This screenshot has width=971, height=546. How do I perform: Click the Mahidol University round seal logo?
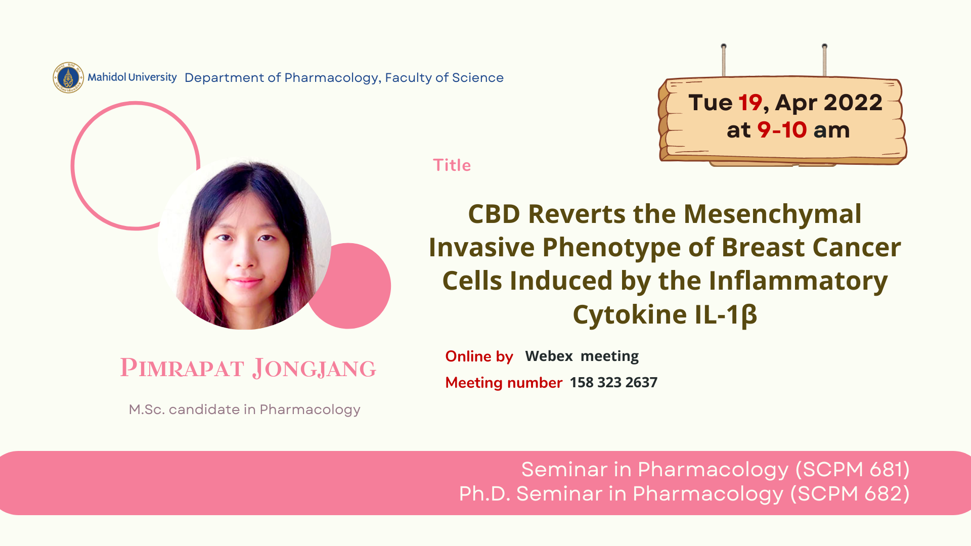click(68, 77)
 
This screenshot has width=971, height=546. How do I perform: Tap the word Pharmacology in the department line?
click(331, 78)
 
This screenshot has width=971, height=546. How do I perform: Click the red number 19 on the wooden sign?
click(750, 103)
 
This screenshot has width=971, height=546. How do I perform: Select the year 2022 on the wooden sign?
click(853, 103)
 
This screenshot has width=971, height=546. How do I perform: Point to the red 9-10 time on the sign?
click(782, 130)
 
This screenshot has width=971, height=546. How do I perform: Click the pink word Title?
click(452, 165)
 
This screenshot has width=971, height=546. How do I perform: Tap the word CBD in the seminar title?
click(494, 214)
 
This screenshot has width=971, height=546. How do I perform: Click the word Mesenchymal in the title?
click(772, 214)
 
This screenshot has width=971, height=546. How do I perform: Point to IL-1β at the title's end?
click(726, 315)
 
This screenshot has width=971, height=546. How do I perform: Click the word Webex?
click(549, 356)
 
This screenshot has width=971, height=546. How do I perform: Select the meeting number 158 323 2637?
click(613, 382)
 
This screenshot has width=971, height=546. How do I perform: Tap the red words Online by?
click(479, 356)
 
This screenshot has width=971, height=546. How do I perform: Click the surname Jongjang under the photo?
click(315, 368)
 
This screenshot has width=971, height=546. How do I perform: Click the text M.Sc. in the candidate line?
click(147, 409)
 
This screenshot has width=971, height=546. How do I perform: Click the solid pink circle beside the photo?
click(354, 286)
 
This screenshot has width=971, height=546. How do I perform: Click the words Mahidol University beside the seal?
click(132, 77)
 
